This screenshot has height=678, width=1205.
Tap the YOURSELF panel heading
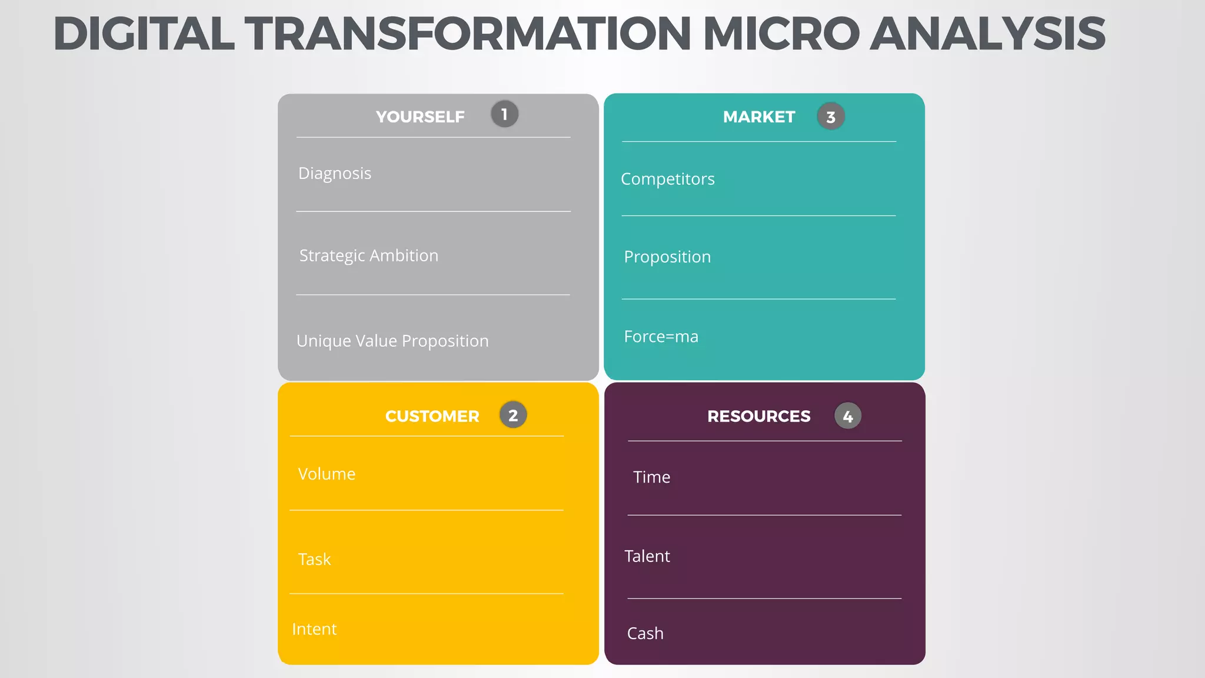(420, 117)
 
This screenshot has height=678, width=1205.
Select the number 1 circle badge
(504, 114)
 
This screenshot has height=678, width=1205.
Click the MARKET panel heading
(758, 117)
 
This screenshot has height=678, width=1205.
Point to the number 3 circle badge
(830, 117)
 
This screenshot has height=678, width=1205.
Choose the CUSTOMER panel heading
(432, 416)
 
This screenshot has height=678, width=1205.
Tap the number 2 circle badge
(512, 415)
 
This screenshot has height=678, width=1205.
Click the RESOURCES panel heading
(758, 416)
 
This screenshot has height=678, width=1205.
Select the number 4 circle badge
(847, 416)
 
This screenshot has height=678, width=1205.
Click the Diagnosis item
(334, 174)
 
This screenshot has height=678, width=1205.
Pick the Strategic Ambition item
(368, 256)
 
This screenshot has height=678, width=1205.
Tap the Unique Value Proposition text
(392, 341)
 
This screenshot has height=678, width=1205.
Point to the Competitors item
(667, 179)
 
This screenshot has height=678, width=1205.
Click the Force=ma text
(661, 337)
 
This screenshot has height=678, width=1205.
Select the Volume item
(327, 474)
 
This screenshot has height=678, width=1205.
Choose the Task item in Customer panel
(314, 559)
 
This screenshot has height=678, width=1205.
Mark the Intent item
(314, 629)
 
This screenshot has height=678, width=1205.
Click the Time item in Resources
(651, 477)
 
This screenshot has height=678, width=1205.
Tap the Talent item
(647, 556)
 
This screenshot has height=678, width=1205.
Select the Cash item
(645, 633)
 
